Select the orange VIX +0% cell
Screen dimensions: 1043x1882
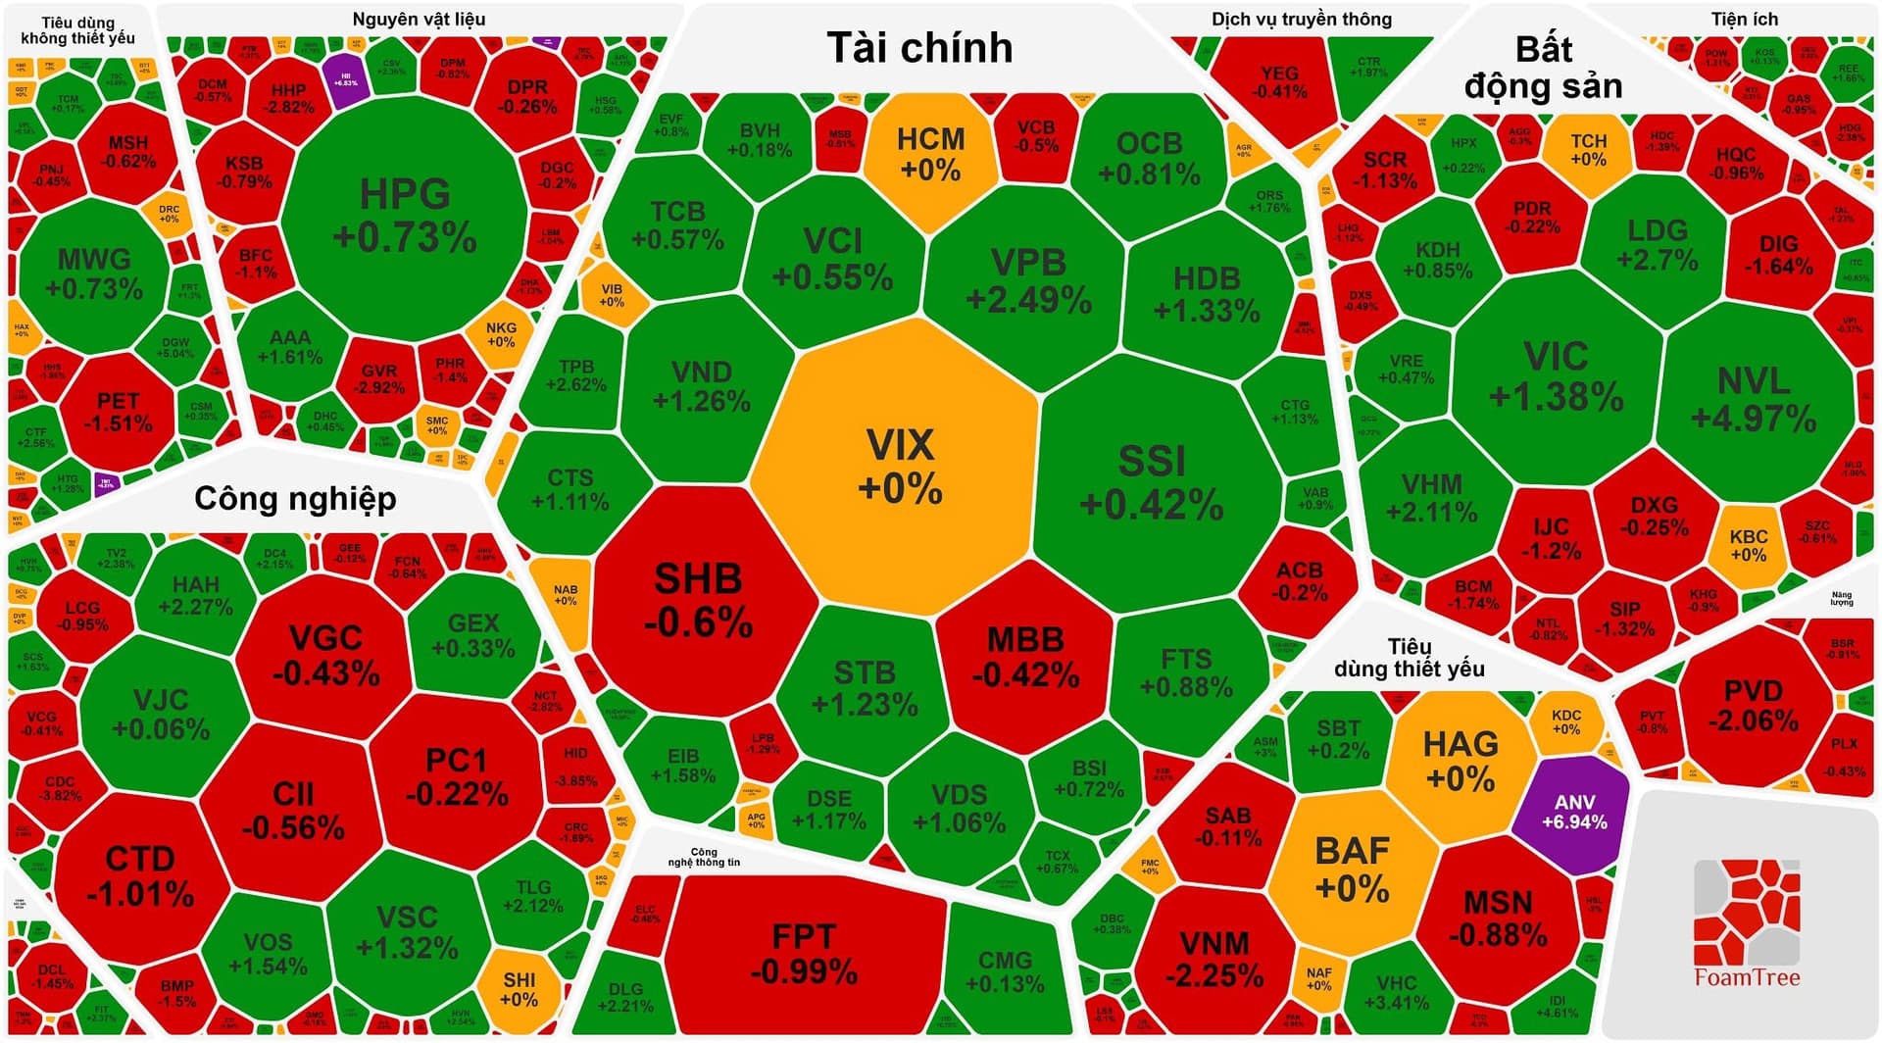899,466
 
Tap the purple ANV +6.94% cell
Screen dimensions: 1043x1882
1573,812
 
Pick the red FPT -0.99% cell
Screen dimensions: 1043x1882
804,953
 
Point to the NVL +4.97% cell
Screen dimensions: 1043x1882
1754,399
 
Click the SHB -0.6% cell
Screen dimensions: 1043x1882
698,599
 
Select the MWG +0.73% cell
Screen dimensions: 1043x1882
94,273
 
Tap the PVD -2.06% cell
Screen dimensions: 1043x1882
1753,706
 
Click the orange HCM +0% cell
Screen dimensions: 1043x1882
930,153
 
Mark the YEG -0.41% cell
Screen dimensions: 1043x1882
1279,82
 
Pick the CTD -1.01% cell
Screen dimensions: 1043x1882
139,875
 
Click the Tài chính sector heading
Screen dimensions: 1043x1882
919,47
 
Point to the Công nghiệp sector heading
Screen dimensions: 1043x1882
295,498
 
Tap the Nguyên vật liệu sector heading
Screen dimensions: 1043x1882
419,20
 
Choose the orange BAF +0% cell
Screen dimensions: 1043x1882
1352,869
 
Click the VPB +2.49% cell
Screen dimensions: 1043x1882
1028,280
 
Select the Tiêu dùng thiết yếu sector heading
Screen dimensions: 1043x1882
1409,658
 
